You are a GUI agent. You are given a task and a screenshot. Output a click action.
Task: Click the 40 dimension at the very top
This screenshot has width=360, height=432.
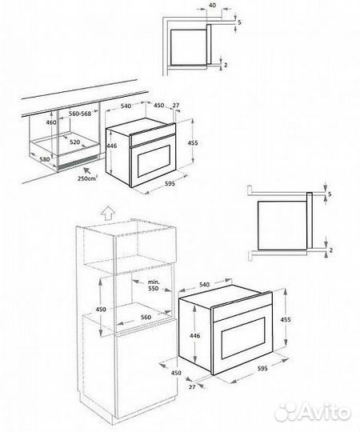pyautogui.click(x=213, y=6)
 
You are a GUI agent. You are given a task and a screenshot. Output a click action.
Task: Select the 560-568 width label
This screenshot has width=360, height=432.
pyautogui.click(x=80, y=114)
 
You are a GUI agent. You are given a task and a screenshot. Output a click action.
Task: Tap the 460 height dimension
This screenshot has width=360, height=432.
pyautogui.click(x=51, y=122)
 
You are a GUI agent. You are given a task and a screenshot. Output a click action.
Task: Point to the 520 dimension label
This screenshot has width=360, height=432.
pyautogui.click(x=74, y=142)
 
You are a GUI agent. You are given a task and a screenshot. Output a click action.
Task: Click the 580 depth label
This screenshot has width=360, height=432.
pyautogui.click(x=45, y=159)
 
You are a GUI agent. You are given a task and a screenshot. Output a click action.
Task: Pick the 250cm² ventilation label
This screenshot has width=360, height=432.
pyautogui.click(x=87, y=178)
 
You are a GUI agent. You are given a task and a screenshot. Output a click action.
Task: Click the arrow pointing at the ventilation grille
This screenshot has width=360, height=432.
pyautogui.click(x=87, y=170)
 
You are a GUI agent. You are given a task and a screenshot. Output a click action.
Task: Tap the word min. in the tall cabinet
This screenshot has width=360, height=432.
pyautogui.click(x=154, y=282)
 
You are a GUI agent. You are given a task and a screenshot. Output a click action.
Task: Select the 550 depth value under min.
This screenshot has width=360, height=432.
pyautogui.click(x=154, y=289)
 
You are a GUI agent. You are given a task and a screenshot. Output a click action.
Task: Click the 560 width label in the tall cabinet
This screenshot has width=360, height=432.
pyautogui.click(x=146, y=317)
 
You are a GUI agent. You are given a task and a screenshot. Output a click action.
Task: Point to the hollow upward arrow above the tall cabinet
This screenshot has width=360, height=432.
pyautogui.click(x=108, y=214)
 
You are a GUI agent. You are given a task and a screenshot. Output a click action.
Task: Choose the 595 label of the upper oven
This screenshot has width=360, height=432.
pyautogui.click(x=170, y=183)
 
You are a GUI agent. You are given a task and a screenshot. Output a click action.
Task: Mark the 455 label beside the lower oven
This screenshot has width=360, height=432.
pyautogui.click(x=286, y=320)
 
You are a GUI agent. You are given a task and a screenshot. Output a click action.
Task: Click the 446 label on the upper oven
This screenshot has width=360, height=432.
pyautogui.click(x=111, y=146)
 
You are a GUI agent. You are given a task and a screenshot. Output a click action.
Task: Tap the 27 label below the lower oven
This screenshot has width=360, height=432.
pyautogui.click(x=192, y=387)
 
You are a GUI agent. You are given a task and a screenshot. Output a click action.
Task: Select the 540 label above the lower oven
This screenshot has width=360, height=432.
pyautogui.click(x=204, y=285)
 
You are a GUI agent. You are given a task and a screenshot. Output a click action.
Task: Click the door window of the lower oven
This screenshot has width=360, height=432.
pyautogui.click(x=243, y=338)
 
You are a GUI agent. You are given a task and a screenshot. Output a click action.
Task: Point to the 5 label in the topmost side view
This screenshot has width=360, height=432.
pyautogui.click(x=239, y=22)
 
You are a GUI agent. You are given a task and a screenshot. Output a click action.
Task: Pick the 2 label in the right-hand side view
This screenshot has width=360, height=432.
pyautogui.click(x=331, y=250)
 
